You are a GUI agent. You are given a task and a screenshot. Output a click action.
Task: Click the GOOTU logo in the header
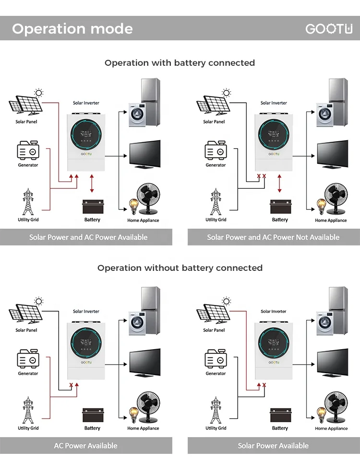click(x=329, y=29)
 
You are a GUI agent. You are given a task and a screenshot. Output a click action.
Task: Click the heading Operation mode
click(x=72, y=29)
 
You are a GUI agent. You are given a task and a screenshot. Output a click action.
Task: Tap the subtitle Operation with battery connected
click(x=180, y=63)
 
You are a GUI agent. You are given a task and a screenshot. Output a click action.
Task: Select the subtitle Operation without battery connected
click(x=180, y=268)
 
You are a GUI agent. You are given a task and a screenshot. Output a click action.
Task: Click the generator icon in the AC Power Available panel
click(x=28, y=358)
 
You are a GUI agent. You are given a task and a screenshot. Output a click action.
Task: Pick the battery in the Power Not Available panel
click(x=280, y=207)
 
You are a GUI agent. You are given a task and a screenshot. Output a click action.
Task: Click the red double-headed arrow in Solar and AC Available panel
click(x=92, y=183)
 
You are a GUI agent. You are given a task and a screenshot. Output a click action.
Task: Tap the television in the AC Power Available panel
click(x=145, y=362)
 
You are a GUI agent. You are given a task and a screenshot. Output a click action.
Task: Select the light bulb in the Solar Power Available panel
click(x=321, y=414)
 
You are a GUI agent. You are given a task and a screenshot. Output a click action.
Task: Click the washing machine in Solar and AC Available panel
click(x=137, y=114)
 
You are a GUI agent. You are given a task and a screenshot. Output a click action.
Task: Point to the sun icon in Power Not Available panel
click(x=226, y=93)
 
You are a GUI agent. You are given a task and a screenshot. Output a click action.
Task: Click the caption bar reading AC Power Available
click(x=86, y=445)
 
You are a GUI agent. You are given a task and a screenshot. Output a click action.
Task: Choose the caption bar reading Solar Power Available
click(x=274, y=445)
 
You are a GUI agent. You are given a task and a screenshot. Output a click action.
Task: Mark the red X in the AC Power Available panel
click(x=71, y=385)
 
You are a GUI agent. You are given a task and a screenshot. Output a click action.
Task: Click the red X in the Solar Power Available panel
click(x=264, y=385)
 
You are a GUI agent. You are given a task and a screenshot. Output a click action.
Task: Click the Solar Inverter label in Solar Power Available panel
click(x=274, y=311)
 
